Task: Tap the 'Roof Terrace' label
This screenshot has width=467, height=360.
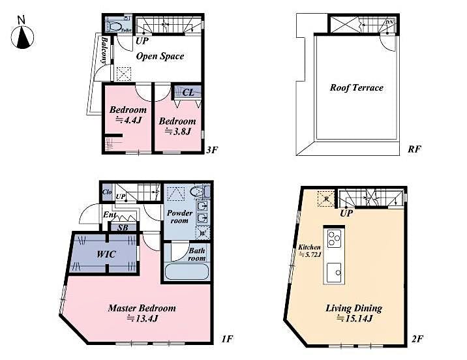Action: point(356,87)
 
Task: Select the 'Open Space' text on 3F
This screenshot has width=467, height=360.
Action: point(160,56)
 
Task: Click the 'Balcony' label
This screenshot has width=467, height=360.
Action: point(104,50)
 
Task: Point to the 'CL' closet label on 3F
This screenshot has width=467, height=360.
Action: point(188,93)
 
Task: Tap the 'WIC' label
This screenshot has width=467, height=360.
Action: point(106,254)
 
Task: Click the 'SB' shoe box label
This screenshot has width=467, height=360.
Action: point(123,227)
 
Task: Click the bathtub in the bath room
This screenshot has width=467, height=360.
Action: point(186,272)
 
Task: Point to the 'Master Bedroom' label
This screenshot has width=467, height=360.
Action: point(142,308)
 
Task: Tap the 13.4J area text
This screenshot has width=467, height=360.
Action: point(142,318)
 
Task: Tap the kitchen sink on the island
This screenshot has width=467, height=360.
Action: point(335,269)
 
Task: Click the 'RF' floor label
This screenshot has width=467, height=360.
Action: point(414,149)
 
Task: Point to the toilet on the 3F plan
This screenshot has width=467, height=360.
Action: point(115,27)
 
